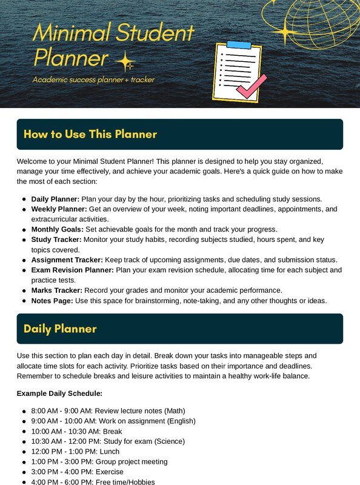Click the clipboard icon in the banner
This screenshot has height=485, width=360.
coord(237,72)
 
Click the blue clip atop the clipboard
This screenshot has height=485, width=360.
coord(238,45)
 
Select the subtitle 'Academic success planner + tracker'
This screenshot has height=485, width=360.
coord(94,79)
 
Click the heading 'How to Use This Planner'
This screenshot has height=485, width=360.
coord(90,134)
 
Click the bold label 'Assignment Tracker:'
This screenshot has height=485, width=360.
coord(67,259)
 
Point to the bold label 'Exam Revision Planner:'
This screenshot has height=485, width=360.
coord(73,270)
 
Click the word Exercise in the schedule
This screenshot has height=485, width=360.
coord(109,472)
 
